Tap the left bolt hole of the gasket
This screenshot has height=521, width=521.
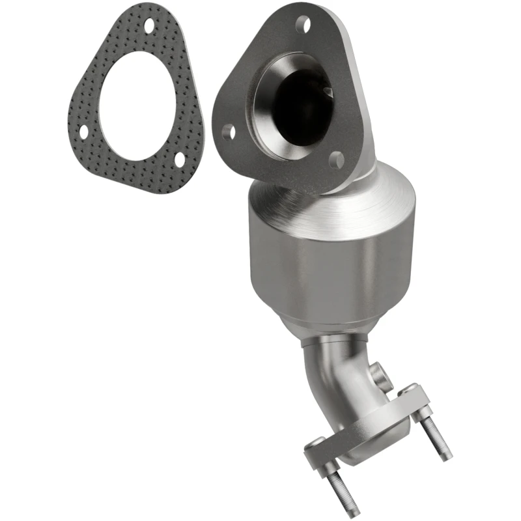[x=84, y=131]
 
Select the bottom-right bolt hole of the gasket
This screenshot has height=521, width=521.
[x=179, y=158]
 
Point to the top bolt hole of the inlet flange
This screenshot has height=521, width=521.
[x=303, y=25]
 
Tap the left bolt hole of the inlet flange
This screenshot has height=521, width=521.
[x=228, y=133]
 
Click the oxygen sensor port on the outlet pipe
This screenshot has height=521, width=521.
[x=380, y=376]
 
